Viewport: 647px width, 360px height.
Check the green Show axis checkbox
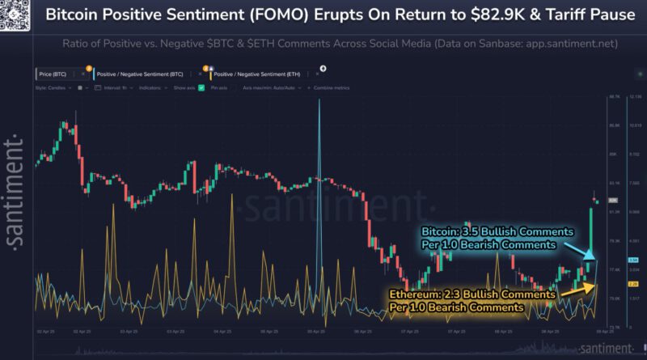tap(201, 87)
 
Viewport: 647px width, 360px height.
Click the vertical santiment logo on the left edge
tap(14, 191)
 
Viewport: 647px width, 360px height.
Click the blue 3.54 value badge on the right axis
tap(611, 260)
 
